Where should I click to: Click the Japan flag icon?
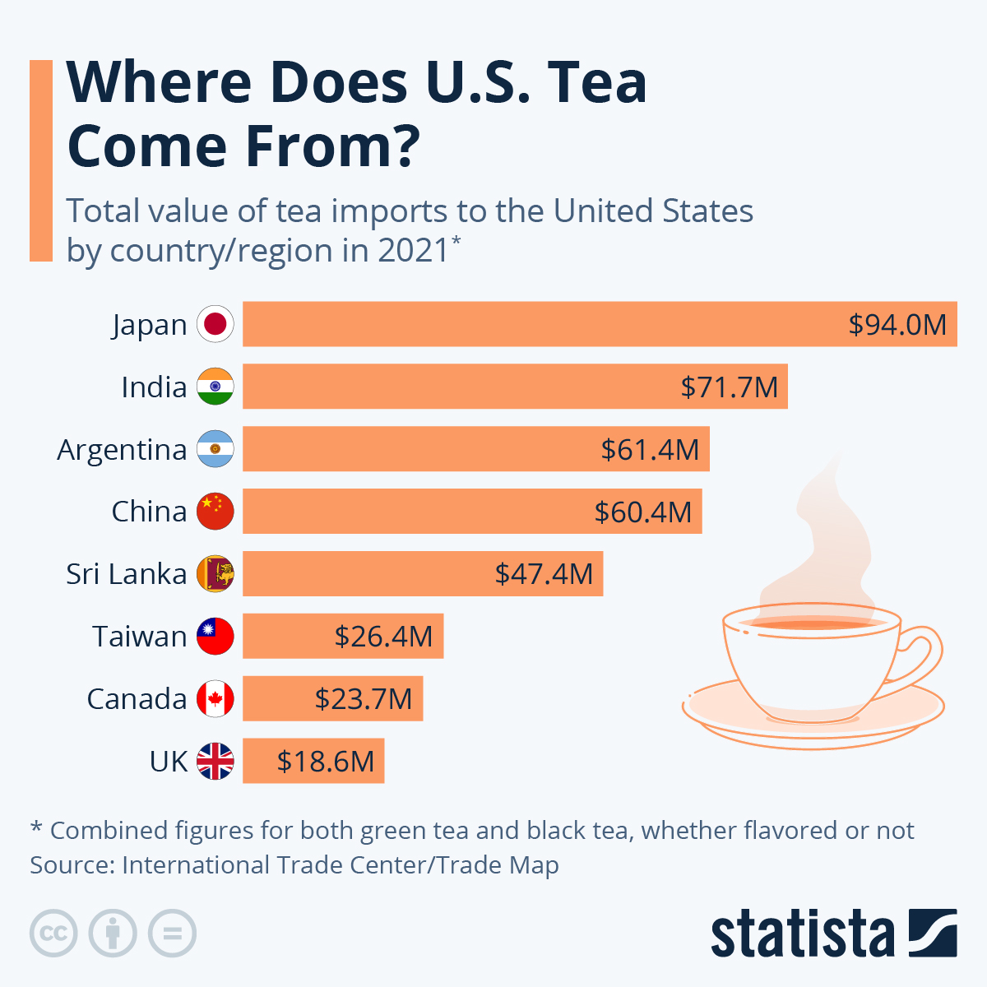point(215,324)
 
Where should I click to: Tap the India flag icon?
point(215,387)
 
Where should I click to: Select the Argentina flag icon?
point(215,449)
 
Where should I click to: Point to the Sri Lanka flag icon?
point(215,573)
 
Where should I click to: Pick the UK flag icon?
point(215,761)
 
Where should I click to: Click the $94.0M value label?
point(897,324)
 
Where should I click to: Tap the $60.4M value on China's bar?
point(643,512)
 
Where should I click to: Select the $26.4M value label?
point(383,636)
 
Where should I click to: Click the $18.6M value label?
point(326,761)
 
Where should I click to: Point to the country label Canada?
point(137,698)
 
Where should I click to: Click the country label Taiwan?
point(139,636)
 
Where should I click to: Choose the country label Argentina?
point(122,449)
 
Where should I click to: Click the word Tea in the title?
point(596,82)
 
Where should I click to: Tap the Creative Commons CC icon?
point(53,934)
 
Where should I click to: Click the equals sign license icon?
point(172,934)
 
